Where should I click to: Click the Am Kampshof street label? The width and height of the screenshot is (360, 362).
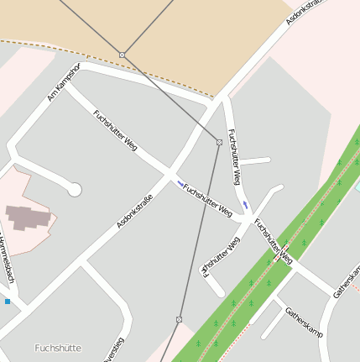[x=63, y=81]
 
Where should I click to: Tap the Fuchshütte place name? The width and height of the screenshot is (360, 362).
[x=58, y=347]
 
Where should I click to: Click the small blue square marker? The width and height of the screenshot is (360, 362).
[x=8, y=301]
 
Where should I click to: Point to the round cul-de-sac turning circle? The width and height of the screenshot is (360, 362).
[x=75, y=190]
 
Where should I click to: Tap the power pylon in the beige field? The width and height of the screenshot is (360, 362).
[x=123, y=55]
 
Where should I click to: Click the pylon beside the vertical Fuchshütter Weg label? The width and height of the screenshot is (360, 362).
[x=219, y=142]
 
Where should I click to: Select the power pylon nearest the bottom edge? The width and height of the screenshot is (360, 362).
[x=179, y=319]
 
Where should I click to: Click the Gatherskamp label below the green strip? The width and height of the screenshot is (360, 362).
[x=303, y=322]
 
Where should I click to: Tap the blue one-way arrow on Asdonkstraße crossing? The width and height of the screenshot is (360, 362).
[x=180, y=184]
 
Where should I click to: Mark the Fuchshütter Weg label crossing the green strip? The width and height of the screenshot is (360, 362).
[x=273, y=241]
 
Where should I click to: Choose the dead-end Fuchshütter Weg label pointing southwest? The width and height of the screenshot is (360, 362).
[x=221, y=254]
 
